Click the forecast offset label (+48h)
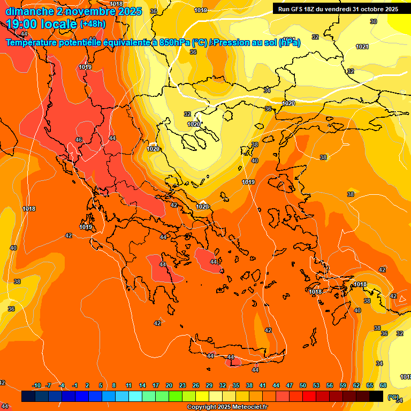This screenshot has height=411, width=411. coord(93,24)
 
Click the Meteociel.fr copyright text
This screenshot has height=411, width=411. coord(227,407)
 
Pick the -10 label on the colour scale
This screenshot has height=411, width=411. coord(36,386)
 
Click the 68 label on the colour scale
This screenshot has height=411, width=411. coord(383,386)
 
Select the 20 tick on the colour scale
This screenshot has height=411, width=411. coord(169,386)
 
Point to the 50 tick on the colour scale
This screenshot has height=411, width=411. coord(303,386)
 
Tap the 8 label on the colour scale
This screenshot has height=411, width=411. coord(114,386)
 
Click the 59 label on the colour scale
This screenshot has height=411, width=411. coord(343,386)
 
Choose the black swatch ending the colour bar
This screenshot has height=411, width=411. coord(376,397)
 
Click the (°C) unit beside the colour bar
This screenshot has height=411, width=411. coord(393,397)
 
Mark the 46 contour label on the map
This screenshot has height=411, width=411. coord(79,140)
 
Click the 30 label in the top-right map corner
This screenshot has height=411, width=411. coord(374,21)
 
